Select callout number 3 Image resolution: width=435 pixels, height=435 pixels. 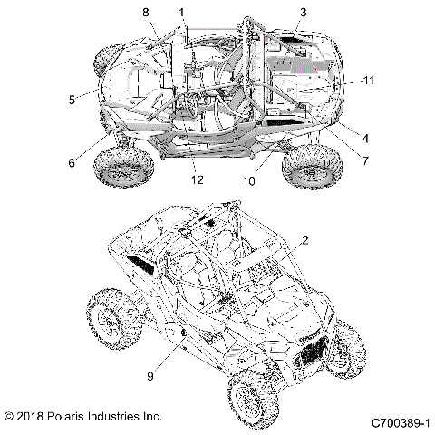pos(304,12)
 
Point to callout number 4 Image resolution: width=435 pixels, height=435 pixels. pos(363,139)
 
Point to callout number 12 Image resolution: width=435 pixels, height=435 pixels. pos(197,179)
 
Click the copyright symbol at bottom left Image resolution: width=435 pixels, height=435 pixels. pos(9,417)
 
